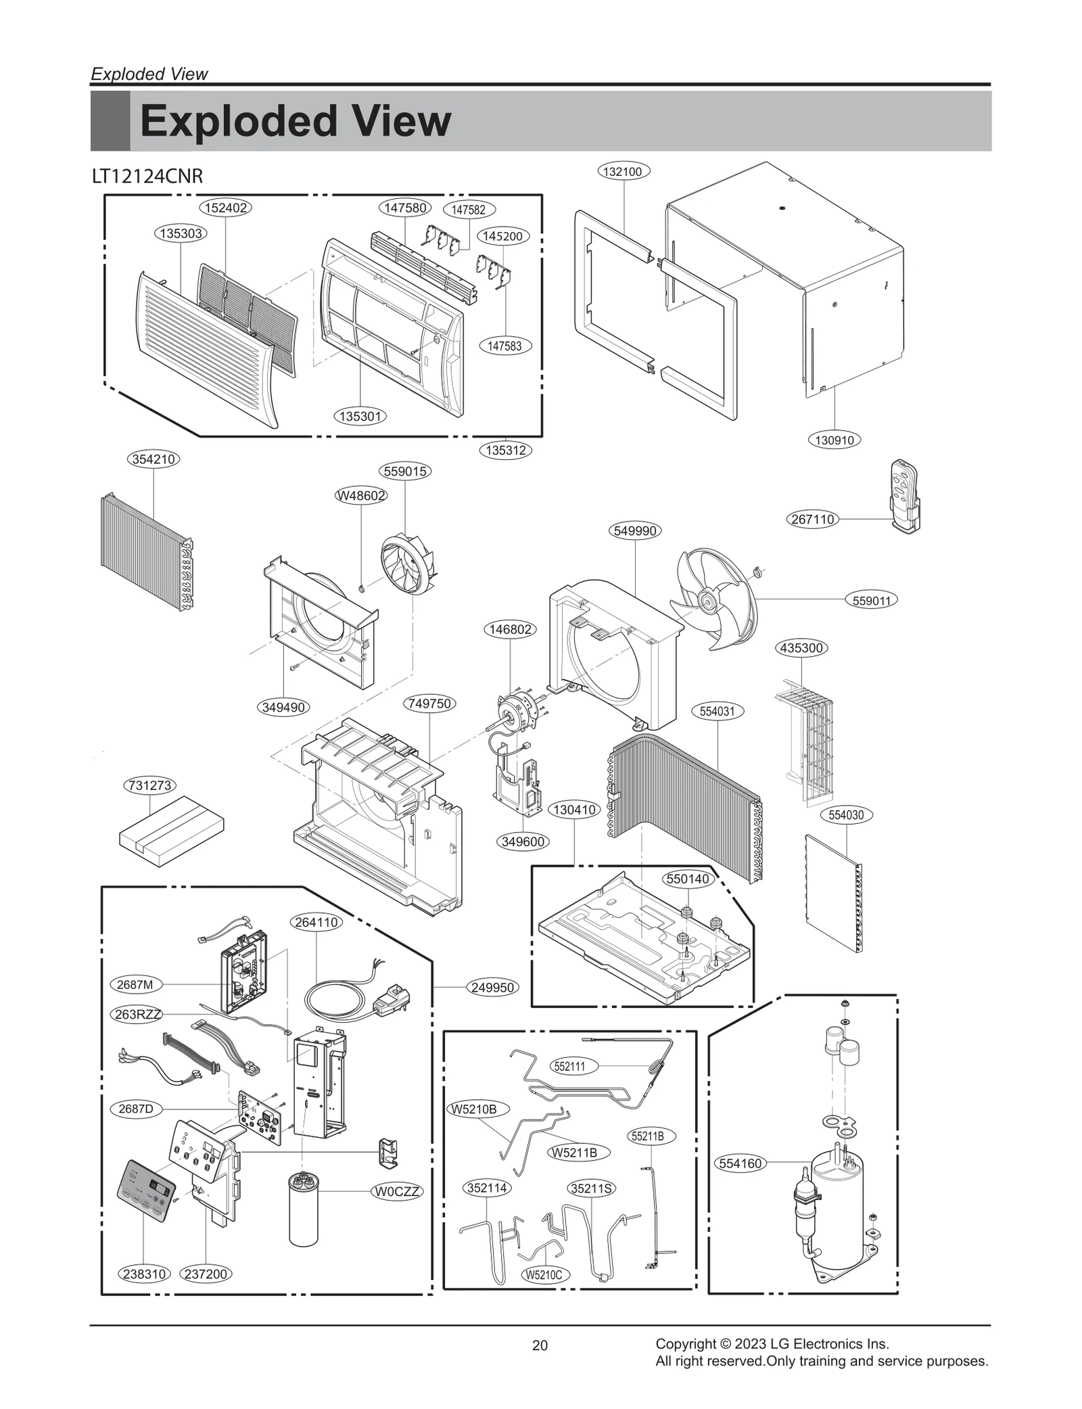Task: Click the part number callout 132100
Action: click(622, 171)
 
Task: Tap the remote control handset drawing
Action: click(904, 495)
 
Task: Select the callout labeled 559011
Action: click(871, 600)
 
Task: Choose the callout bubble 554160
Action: click(740, 1163)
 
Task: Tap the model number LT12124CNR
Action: click(147, 177)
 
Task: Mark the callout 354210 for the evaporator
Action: click(154, 459)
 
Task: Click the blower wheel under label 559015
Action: click(406, 565)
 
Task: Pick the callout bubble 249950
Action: click(493, 987)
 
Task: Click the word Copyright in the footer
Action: click(684, 1343)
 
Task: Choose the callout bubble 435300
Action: click(801, 647)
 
